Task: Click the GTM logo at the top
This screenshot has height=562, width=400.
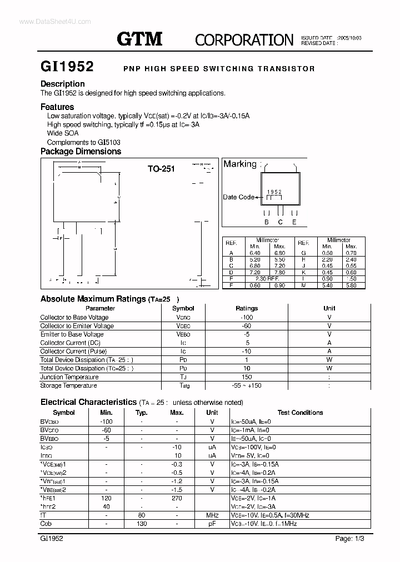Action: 139,38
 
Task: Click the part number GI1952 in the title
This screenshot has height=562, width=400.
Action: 67,67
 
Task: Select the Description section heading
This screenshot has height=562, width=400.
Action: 63,84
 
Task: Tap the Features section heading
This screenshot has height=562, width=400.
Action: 57,107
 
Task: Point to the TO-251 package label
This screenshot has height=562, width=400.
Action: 161,169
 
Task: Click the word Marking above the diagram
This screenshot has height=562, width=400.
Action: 239,164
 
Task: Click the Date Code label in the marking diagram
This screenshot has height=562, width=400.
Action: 238,197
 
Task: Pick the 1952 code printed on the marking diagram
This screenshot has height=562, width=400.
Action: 274,192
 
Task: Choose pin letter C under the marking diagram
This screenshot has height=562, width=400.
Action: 281,222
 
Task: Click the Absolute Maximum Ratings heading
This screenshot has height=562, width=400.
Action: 93,299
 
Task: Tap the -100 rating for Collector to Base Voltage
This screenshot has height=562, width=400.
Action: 247,317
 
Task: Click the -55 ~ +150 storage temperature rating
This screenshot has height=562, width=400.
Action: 247,385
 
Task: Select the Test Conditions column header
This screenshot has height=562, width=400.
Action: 300,413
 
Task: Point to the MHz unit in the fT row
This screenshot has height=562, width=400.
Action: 212,515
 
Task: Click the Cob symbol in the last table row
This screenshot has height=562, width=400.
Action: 47,524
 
